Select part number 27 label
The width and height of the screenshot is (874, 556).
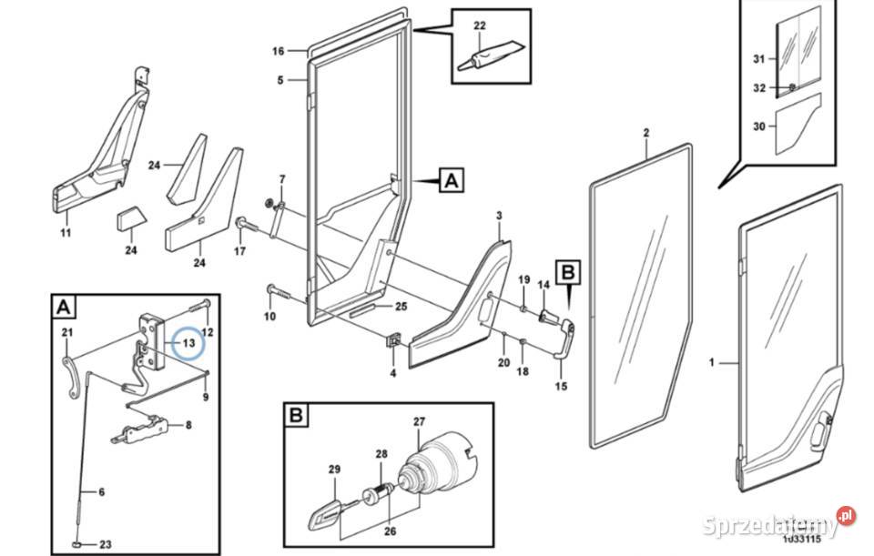click(419, 421)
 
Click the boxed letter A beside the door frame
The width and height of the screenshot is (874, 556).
click(451, 181)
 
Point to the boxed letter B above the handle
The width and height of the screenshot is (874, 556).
click(567, 270)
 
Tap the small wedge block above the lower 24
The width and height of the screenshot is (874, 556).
click(129, 217)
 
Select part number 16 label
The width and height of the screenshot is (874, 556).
click(279, 51)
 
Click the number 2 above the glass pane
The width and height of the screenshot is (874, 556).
click(645, 133)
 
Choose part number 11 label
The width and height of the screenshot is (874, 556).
click(65, 234)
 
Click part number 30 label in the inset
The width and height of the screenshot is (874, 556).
click(757, 127)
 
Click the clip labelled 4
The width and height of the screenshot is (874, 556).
click(394, 339)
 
